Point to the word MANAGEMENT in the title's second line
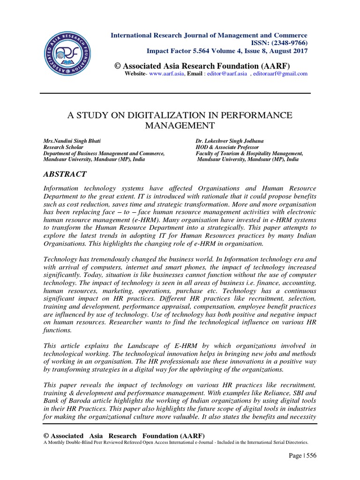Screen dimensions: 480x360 point(180,125)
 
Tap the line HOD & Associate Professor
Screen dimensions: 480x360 point(226,147)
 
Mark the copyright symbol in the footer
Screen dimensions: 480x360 point(45,435)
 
